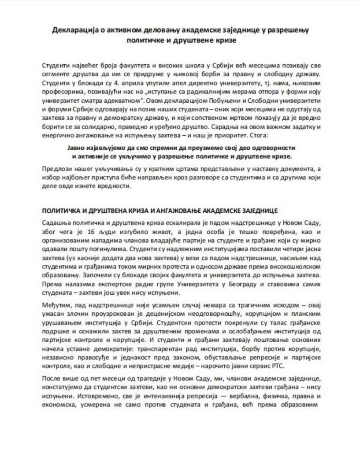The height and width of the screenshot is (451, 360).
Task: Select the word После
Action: [x=52, y=379]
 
